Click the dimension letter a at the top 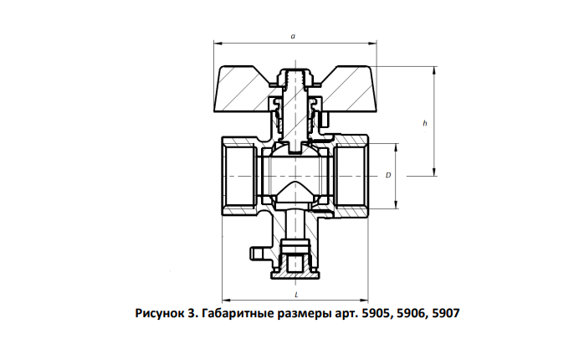tap(293, 37)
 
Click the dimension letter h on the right tap(425, 123)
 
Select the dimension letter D tap(388, 175)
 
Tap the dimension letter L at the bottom tap(296, 295)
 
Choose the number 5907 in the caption tap(446, 313)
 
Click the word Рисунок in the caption tap(157, 313)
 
